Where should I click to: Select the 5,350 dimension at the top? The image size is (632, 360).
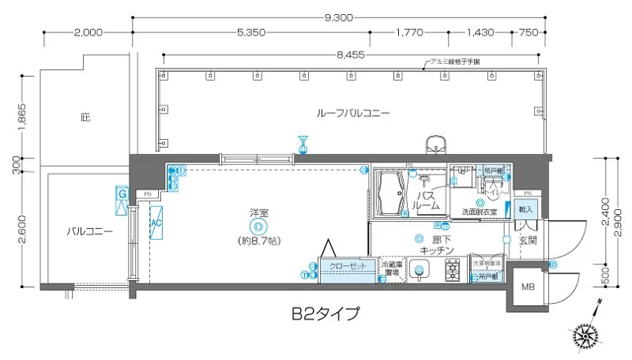250,32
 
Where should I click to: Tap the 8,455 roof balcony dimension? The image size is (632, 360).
350,55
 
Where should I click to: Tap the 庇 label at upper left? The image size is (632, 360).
85,118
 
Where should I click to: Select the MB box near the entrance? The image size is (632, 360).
525,287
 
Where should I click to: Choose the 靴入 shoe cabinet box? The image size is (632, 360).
526,209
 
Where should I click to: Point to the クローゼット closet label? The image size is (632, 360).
348,267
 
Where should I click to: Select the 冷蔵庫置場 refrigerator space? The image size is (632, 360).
393,269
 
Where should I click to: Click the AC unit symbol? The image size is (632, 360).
156,223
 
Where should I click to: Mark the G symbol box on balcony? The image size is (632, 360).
122,193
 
